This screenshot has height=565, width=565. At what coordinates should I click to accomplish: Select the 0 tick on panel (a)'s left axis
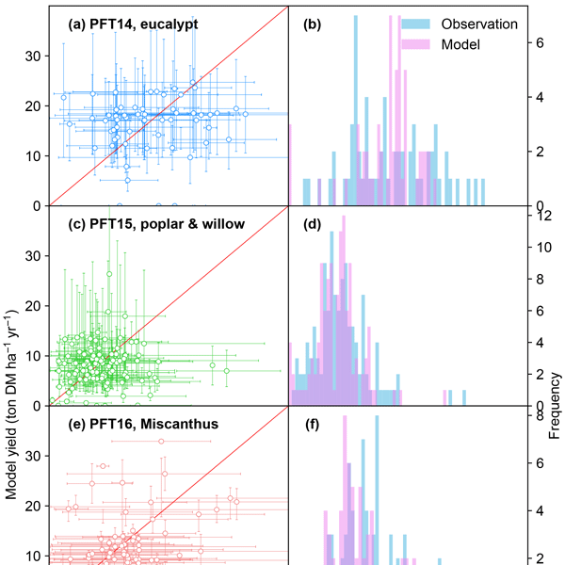point(39,205)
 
